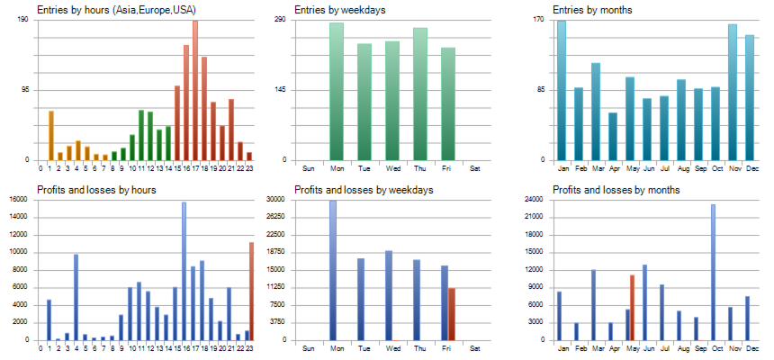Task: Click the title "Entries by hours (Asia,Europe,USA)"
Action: (x=117, y=10)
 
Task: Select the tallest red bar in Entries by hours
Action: (x=195, y=90)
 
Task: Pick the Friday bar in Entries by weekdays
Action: (x=448, y=103)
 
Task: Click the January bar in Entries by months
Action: (x=562, y=90)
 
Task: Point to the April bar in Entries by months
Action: (x=613, y=136)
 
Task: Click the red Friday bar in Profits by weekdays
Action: (x=452, y=314)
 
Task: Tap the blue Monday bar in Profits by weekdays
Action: (x=333, y=270)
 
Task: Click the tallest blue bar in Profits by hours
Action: (x=184, y=271)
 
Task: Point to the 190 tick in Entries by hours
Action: (x=22, y=19)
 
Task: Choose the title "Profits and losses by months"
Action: (x=616, y=190)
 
